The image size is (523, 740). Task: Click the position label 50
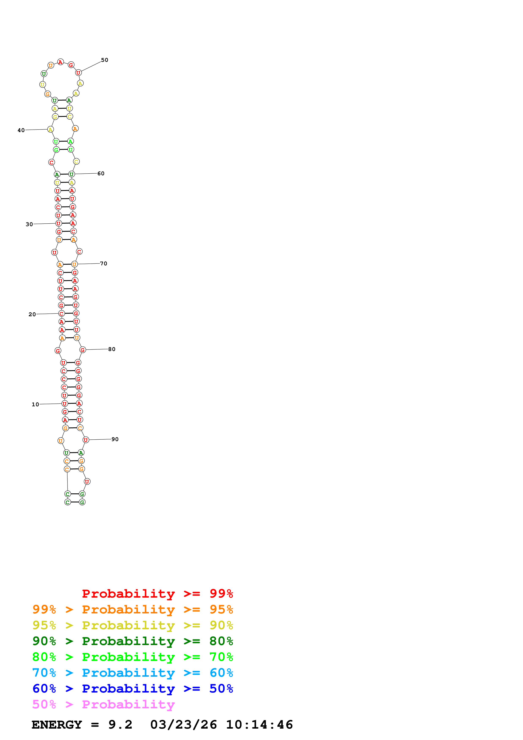[x=104, y=60]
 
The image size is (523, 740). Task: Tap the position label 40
[x=21, y=130]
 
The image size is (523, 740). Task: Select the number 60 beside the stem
[x=101, y=173]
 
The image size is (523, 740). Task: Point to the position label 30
[x=29, y=224]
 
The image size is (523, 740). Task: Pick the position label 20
[x=32, y=314]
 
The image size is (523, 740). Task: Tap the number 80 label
[x=112, y=349]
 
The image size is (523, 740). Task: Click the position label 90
[x=115, y=439]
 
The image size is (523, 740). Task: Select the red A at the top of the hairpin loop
[x=60, y=62]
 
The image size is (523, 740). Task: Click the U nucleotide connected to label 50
[x=78, y=73]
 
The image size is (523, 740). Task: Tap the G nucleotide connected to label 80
[x=82, y=350]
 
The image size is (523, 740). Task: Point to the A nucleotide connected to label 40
[x=50, y=129]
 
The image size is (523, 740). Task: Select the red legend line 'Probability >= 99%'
[x=158, y=594]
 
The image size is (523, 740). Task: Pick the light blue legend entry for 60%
[x=133, y=673]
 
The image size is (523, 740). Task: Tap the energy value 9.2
[x=120, y=725]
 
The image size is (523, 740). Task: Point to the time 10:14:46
[x=259, y=725]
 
